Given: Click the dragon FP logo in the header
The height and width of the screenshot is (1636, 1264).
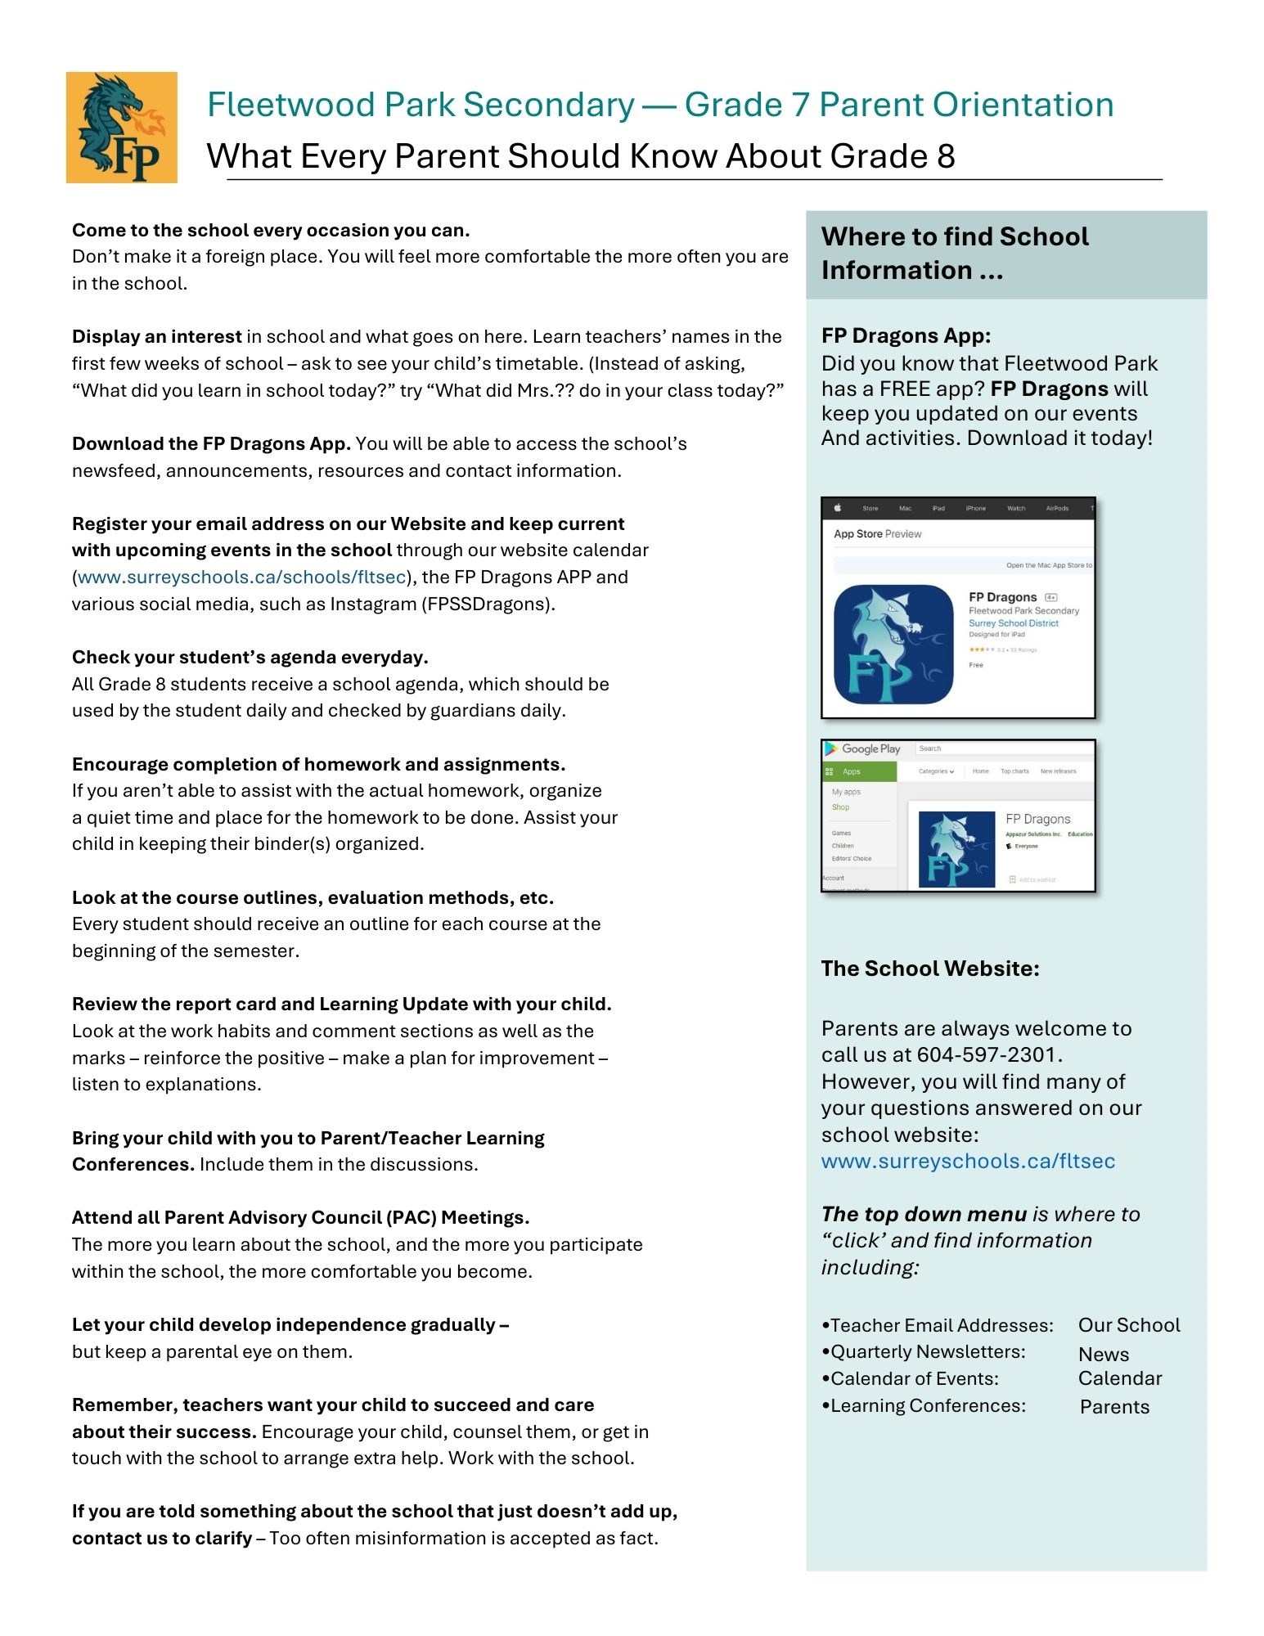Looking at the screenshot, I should [121, 127].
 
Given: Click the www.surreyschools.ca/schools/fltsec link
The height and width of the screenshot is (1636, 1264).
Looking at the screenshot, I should [241, 578].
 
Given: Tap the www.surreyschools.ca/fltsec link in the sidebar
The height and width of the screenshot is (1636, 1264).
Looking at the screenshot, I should [968, 1162].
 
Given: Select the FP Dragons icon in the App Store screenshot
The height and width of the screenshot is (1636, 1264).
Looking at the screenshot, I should [893, 645].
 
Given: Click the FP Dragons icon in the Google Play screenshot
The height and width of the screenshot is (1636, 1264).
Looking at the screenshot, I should [956, 849].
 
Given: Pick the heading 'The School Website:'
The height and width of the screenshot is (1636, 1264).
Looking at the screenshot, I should [930, 969].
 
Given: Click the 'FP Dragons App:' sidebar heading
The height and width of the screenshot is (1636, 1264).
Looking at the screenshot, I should [906, 335].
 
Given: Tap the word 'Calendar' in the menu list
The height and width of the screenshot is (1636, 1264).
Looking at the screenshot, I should [1119, 1378].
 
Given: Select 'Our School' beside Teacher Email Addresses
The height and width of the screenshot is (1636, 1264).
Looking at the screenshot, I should [1129, 1325].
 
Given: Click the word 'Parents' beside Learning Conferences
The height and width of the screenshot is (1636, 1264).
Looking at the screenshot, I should [1114, 1407].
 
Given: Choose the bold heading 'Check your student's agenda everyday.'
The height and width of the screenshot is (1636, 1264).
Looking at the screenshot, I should [250, 658].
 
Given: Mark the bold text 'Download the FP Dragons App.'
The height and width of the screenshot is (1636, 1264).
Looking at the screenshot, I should [211, 444].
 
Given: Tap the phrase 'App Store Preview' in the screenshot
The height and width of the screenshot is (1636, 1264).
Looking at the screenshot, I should [877, 534].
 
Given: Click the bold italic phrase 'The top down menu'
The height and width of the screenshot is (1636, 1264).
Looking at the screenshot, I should [924, 1215].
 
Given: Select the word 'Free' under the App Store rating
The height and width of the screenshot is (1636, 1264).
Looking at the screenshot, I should [976, 665].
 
